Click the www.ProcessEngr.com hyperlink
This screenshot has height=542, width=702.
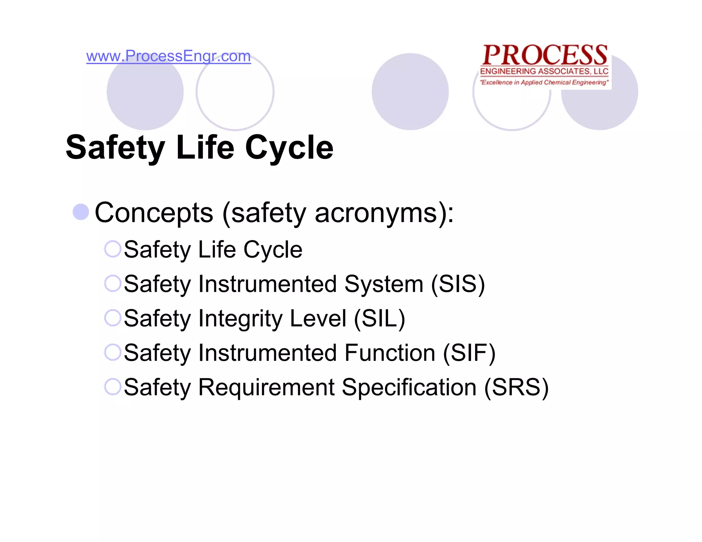[x=168, y=56]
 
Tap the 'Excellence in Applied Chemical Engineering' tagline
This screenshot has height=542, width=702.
[x=544, y=82]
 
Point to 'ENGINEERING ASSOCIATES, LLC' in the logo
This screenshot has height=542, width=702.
[x=544, y=71]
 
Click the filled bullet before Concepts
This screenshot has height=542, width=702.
[x=81, y=212]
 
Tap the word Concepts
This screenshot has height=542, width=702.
[x=154, y=213]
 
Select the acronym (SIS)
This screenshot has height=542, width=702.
[x=458, y=284]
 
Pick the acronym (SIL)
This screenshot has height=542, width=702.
[x=379, y=319]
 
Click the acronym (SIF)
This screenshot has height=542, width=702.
[x=469, y=353]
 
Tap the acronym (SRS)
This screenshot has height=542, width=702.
[x=516, y=387]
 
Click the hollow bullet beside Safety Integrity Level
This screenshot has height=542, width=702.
[x=112, y=318]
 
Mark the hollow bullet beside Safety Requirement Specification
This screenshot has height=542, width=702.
[x=112, y=386]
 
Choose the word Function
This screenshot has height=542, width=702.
[x=390, y=353]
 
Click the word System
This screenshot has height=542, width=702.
[x=384, y=284]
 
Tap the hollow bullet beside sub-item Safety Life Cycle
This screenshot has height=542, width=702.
[x=112, y=249]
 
